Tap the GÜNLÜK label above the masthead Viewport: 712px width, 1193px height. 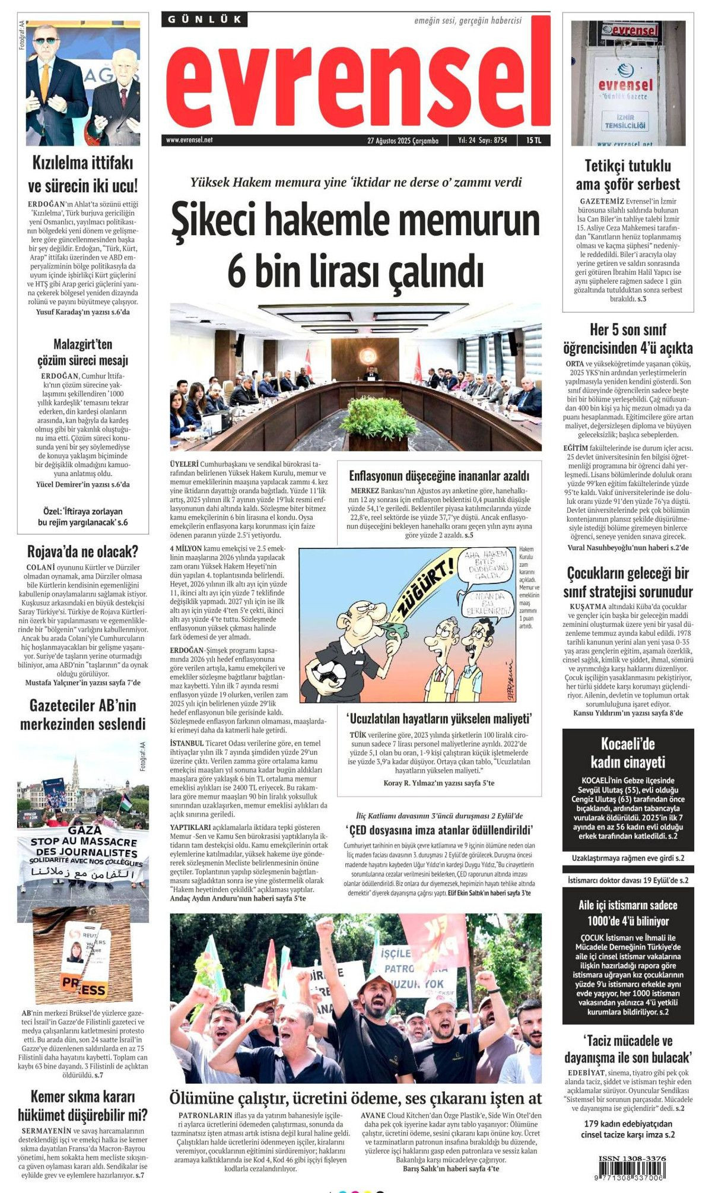pyautogui.click(x=204, y=20)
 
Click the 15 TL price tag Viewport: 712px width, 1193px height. pyautogui.click(x=533, y=141)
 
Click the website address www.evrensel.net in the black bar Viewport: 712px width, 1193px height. pyautogui.click(x=189, y=140)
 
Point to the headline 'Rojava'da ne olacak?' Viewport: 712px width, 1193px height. pyautogui.click(x=82, y=551)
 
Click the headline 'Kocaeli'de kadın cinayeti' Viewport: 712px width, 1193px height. pyautogui.click(x=628, y=753)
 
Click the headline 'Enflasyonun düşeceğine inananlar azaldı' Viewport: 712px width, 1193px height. pyautogui.click(x=439, y=475)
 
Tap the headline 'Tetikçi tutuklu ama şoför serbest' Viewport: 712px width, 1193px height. pyautogui.click(x=628, y=174)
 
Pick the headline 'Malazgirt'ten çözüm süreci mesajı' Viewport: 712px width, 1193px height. pyautogui.click(x=82, y=352)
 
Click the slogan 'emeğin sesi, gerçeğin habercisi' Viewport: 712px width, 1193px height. pyautogui.click(x=468, y=20)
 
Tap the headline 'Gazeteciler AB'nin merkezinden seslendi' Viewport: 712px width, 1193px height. pyautogui.click(x=82, y=715)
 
